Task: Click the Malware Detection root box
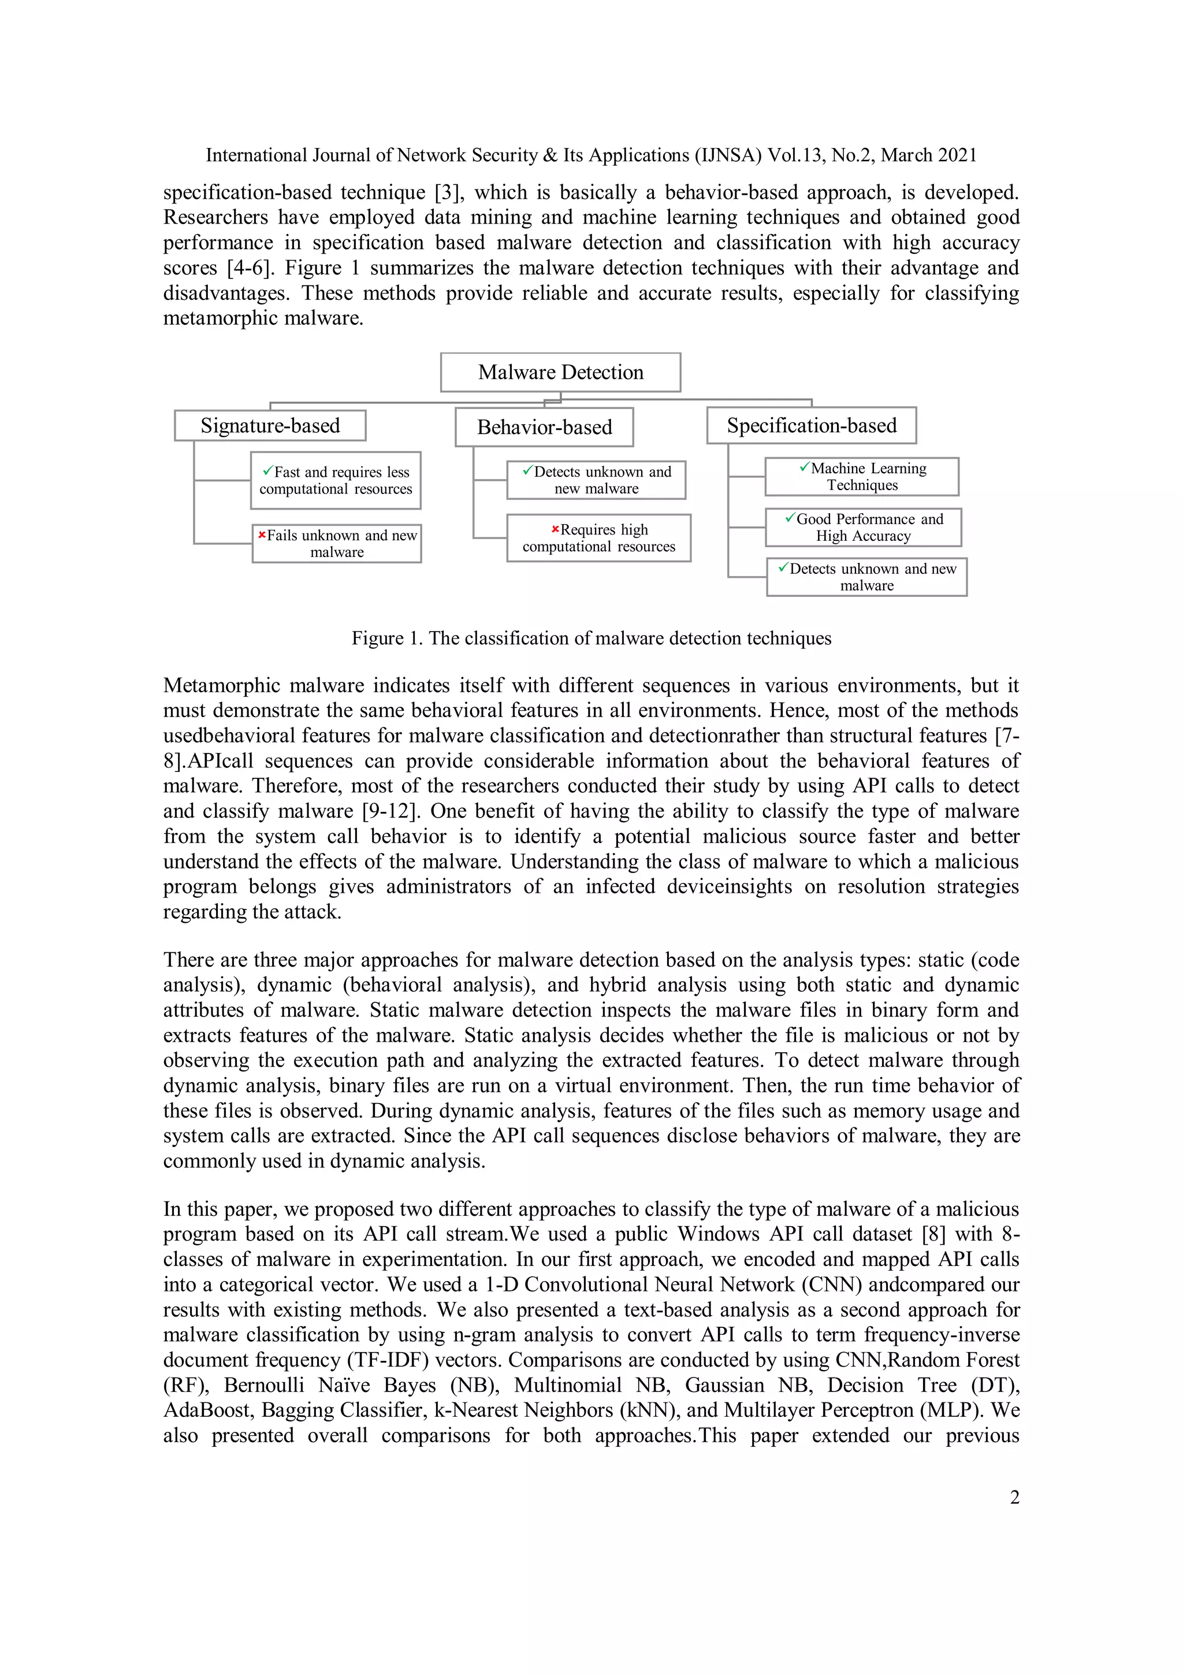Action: click(560, 373)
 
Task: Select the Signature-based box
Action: click(270, 426)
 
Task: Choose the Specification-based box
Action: click(810, 426)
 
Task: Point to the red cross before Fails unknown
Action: click(262, 535)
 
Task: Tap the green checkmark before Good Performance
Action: click(790, 518)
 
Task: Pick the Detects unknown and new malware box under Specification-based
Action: click(866, 577)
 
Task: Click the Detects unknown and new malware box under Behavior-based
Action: click(596, 480)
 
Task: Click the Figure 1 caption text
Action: click(591, 638)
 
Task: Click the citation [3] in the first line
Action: click(448, 192)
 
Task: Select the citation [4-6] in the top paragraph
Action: click(251, 268)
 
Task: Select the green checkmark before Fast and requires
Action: click(267, 471)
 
